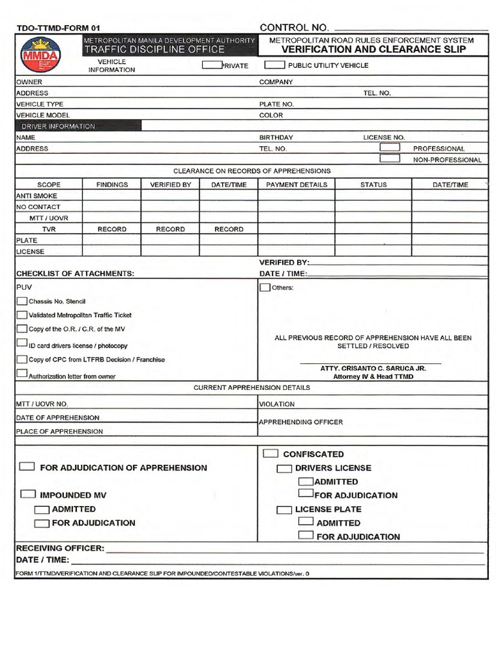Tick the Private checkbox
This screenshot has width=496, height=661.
(x=212, y=65)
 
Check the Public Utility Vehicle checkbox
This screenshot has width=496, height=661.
(x=275, y=65)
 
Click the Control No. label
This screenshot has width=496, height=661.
(x=294, y=27)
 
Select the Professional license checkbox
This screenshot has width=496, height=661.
(x=389, y=147)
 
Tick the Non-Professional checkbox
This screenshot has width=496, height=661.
(x=389, y=158)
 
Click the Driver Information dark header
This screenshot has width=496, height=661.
(x=58, y=126)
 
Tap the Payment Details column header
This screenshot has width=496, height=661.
(x=296, y=184)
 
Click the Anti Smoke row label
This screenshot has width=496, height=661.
(x=37, y=196)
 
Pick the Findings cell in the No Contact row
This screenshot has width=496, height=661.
(x=112, y=207)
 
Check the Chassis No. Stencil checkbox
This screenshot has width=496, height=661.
(x=22, y=301)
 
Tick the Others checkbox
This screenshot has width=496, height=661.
(x=265, y=287)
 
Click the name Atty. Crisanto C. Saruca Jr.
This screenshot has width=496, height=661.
(x=373, y=368)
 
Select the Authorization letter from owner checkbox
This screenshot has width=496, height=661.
(x=22, y=374)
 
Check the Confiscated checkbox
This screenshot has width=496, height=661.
(x=271, y=453)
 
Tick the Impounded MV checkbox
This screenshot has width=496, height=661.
(x=28, y=494)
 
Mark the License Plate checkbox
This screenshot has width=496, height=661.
(x=284, y=509)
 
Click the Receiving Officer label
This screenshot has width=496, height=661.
(x=59, y=548)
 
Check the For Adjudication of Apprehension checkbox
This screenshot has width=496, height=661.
(x=28, y=467)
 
